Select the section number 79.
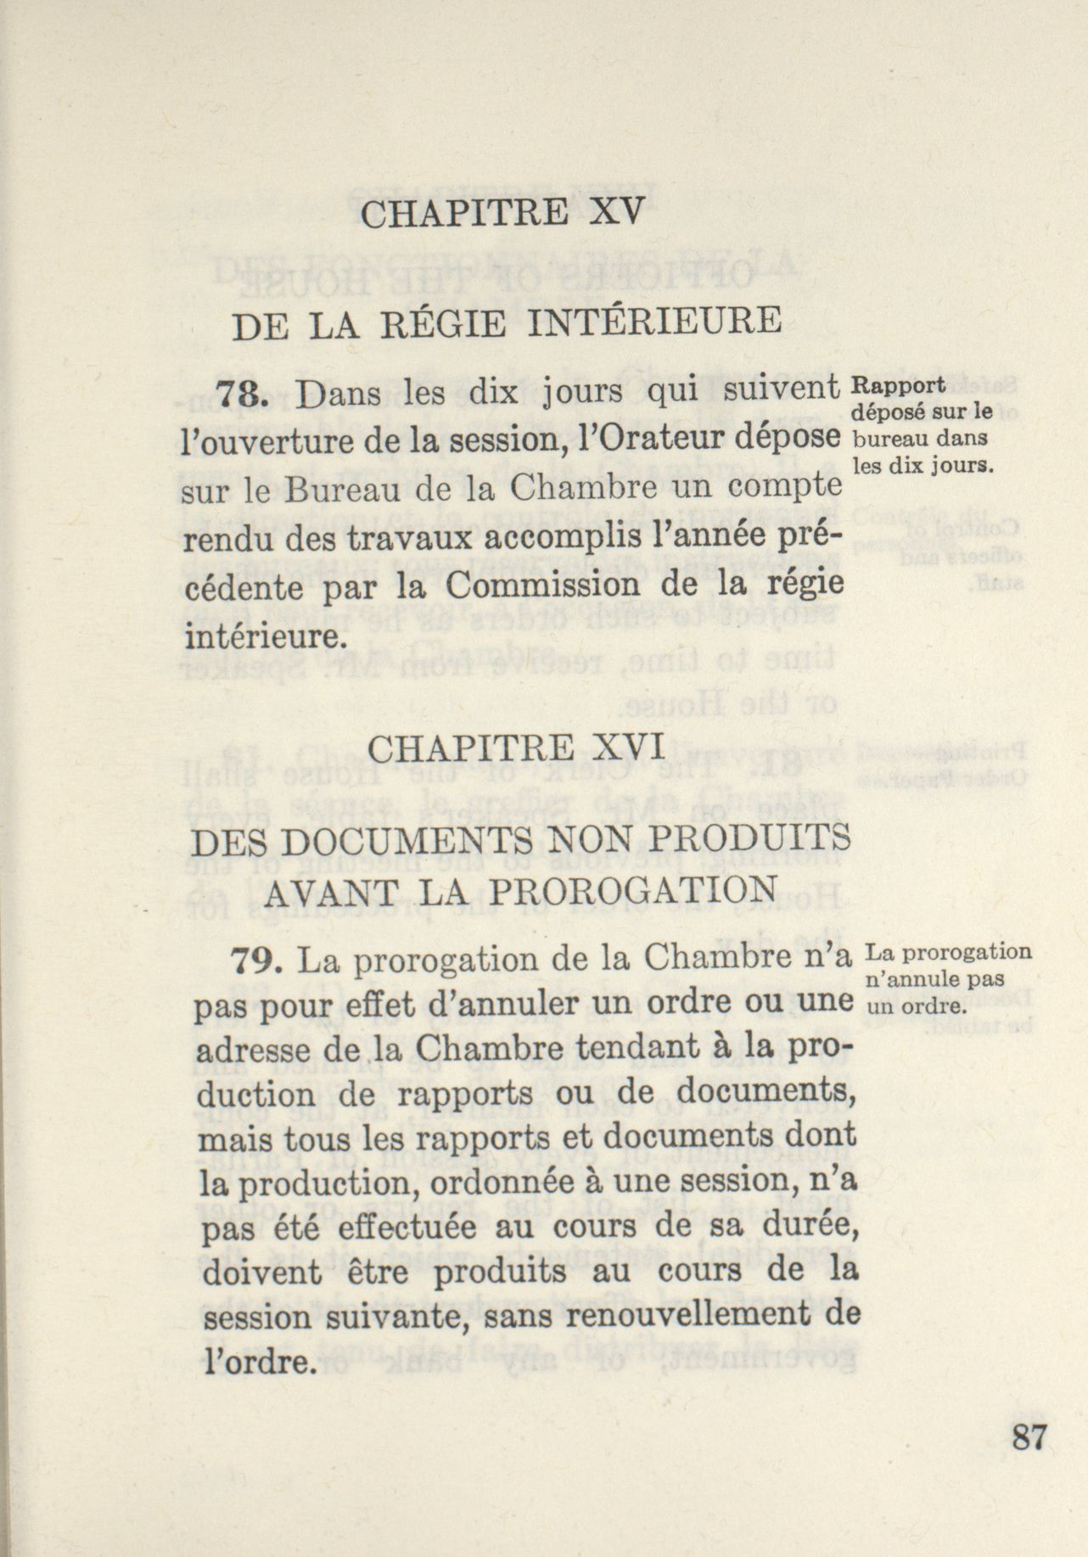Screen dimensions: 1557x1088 tap(255, 961)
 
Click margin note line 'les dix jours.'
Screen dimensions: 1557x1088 tap(923, 466)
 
